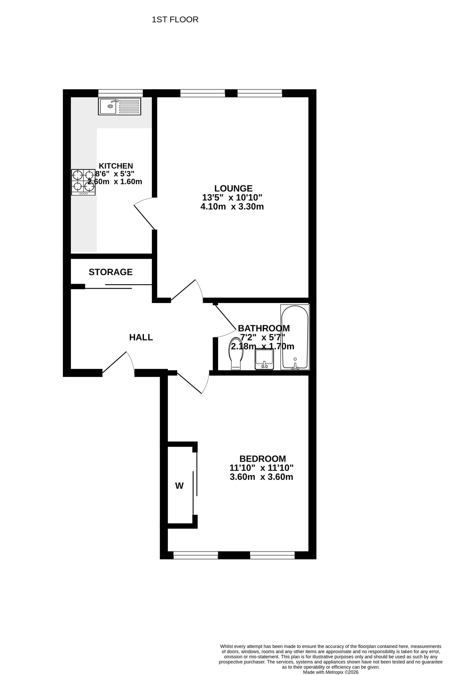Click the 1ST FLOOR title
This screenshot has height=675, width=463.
tap(175, 19)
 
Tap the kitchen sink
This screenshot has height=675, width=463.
tap(120, 106)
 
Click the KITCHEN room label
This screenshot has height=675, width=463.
tap(116, 166)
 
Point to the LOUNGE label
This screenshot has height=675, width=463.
tap(233, 188)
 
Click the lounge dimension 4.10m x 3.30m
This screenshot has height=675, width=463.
tap(232, 207)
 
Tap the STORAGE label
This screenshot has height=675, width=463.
tap(111, 272)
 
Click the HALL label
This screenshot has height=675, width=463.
tap(141, 337)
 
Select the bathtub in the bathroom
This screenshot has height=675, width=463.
tap(295, 337)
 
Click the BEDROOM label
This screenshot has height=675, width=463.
tap(262, 459)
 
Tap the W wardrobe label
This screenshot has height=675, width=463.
tap(180, 486)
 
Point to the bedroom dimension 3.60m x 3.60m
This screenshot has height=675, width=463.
tap(261, 477)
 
